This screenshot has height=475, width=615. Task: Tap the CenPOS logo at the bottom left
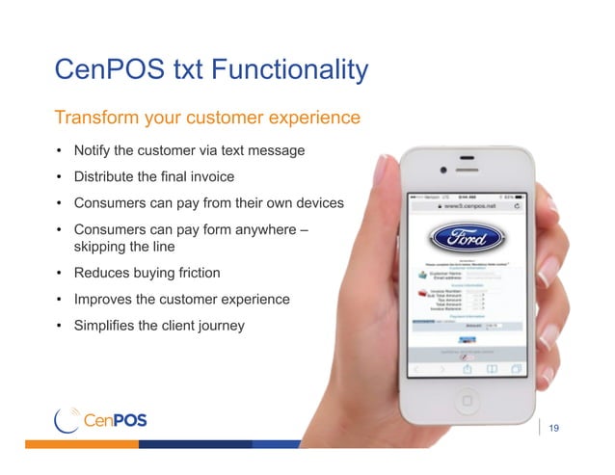point(101,421)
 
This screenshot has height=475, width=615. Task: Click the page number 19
point(554,428)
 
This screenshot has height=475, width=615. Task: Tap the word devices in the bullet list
point(310,203)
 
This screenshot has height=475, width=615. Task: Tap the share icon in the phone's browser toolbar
point(466,369)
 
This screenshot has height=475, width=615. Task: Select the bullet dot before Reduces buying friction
point(59,273)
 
